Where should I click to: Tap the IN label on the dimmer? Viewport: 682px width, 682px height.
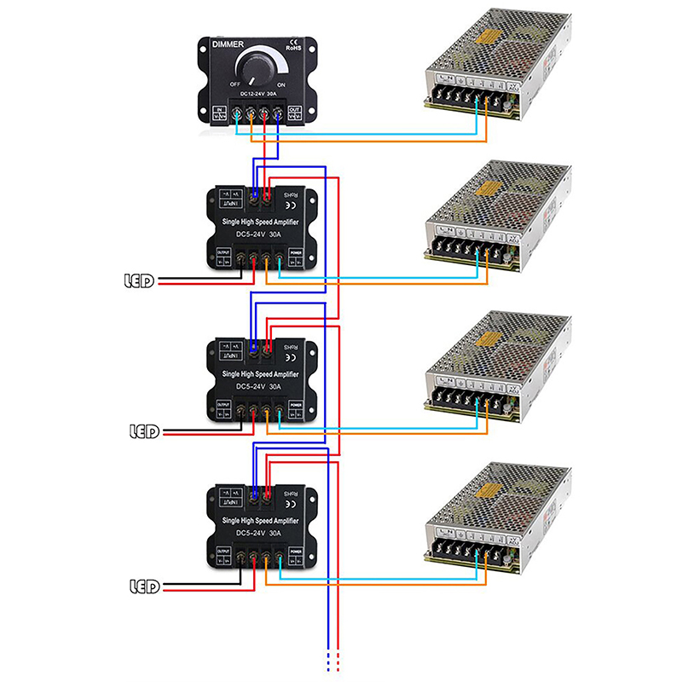pyautogui.click(x=217, y=111)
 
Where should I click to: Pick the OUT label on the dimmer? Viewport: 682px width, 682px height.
pyautogui.click(x=295, y=111)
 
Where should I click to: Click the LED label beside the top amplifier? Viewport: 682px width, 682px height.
pyautogui.click(x=139, y=280)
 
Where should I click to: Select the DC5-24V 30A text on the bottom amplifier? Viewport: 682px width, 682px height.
pyautogui.click(x=261, y=533)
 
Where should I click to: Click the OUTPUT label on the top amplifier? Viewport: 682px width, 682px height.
pyautogui.click(x=223, y=252)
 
